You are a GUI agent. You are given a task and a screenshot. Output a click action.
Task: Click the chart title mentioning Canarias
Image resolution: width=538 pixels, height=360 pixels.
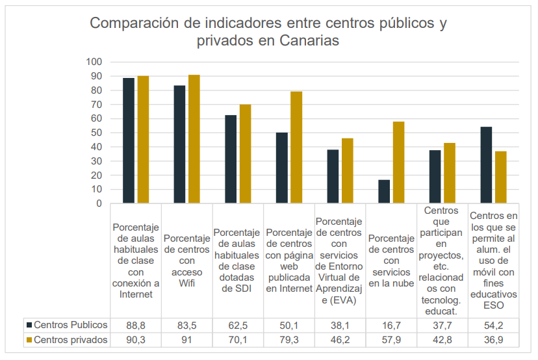click(268, 32)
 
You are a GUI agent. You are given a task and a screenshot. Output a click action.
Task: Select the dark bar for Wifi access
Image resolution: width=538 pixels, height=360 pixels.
click(179, 144)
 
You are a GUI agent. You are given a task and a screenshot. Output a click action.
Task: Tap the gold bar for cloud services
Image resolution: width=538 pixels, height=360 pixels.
click(398, 162)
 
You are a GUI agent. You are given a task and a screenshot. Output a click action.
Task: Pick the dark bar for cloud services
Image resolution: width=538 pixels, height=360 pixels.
click(384, 192)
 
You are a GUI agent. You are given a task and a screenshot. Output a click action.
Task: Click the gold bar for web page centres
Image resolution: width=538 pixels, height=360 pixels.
click(296, 148)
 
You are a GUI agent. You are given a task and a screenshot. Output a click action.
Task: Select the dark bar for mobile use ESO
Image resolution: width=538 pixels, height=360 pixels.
click(486, 165)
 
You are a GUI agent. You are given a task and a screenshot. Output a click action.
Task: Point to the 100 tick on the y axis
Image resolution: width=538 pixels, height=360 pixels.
click(94, 62)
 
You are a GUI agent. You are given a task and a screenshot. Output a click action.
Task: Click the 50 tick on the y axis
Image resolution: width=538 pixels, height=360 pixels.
click(96, 133)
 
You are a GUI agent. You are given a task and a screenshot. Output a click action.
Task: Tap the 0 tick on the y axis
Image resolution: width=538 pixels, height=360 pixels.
click(99, 203)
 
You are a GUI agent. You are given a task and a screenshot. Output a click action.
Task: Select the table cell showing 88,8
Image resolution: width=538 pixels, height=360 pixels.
click(136, 324)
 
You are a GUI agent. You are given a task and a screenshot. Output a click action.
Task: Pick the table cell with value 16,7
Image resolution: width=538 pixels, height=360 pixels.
click(391, 324)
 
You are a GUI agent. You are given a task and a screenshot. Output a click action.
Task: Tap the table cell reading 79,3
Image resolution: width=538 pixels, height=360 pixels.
click(289, 340)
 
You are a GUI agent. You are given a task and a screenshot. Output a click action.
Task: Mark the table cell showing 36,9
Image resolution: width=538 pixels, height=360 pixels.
click(493, 340)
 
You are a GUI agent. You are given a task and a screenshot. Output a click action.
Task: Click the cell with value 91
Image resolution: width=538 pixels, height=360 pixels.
click(187, 340)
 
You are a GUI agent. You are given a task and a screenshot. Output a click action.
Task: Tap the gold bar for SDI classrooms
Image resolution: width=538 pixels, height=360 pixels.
click(245, 154)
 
